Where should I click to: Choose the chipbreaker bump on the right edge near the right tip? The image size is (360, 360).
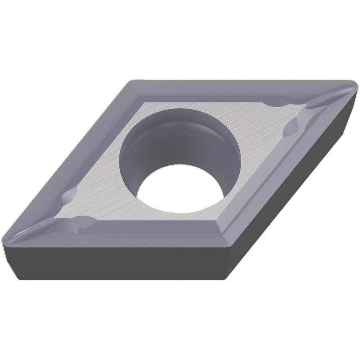pyautogui.click(x=292, y=126)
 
